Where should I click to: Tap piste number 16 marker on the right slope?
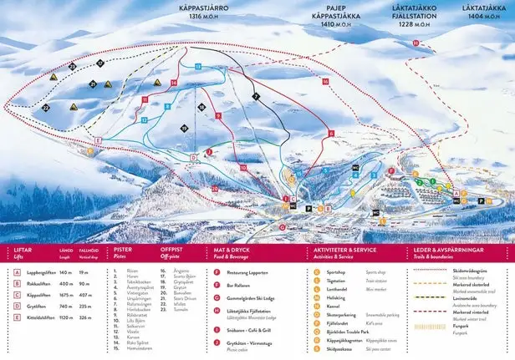(x=324, y=81)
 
